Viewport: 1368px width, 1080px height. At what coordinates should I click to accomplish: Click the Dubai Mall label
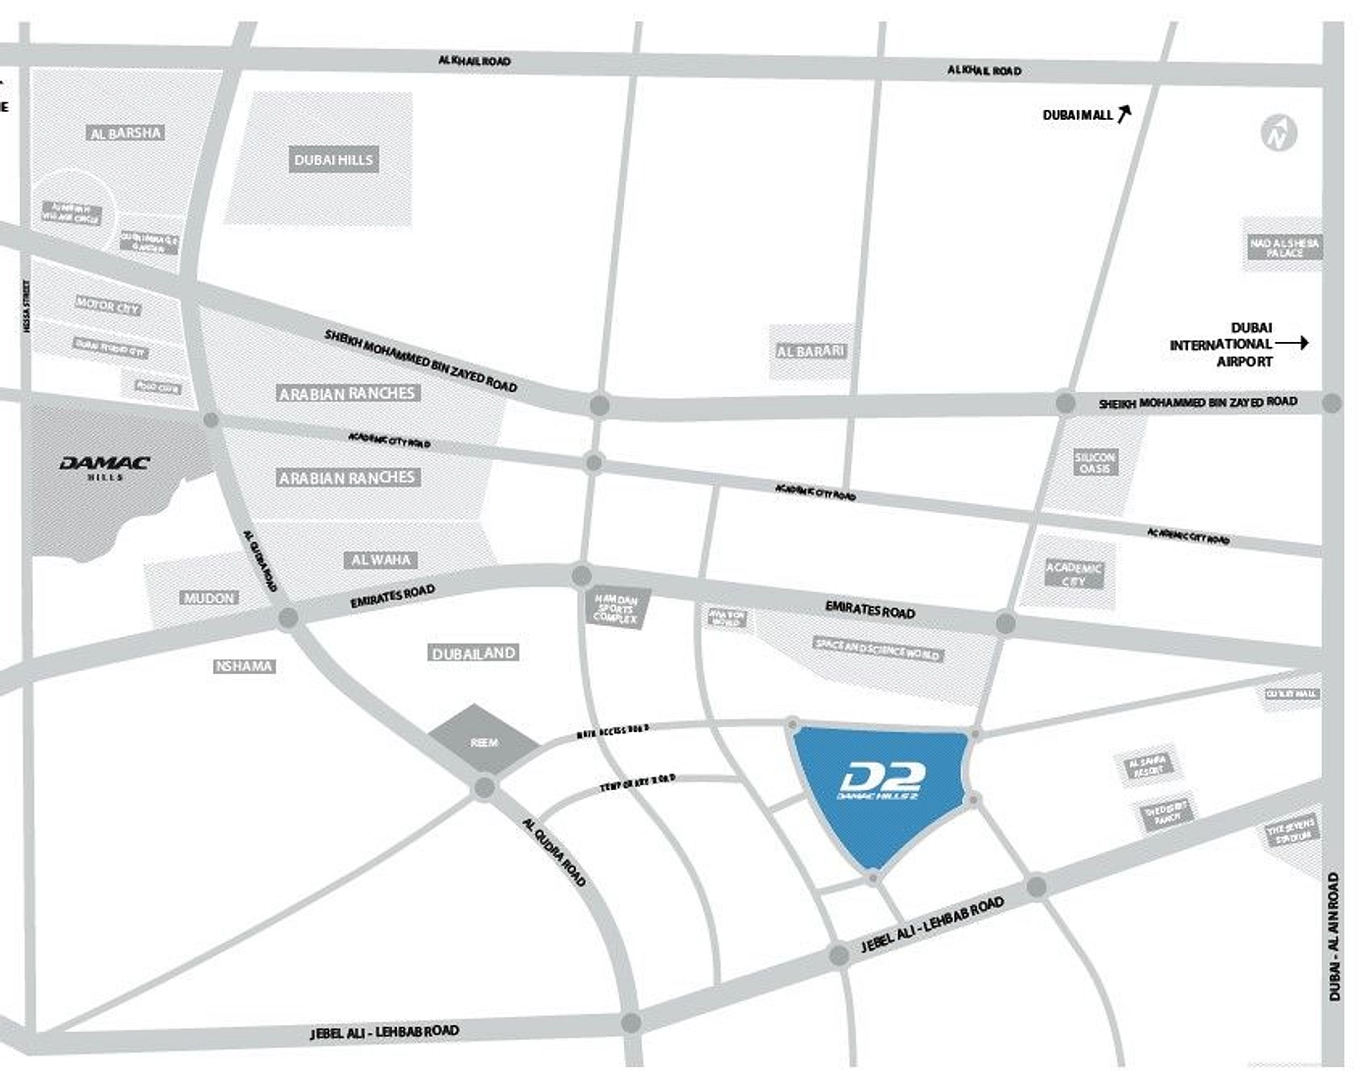[x=1077, y=115]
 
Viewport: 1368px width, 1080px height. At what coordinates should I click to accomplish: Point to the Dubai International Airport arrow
[x=1291, y=344]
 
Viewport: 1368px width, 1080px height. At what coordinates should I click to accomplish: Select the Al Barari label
[x=810, y=351]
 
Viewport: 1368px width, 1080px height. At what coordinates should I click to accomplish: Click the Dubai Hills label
[x=334, y=160]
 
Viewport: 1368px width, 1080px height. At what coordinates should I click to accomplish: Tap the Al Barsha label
[x=126, y=133]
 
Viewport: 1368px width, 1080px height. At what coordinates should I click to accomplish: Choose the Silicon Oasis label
[x=1095, y=463]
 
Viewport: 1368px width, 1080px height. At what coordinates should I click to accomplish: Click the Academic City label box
[x=1073, y=574]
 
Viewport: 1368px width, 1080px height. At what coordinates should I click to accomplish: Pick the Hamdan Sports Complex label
[x=615, y=609]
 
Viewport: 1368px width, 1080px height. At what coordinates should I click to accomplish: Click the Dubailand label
[x=474, y=653]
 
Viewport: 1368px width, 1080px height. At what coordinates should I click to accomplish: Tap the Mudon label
[x=209, y=597]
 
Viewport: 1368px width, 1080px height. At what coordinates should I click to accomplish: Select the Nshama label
[x=244, y=666]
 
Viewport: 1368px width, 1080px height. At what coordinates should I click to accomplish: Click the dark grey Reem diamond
[x=484, y=741]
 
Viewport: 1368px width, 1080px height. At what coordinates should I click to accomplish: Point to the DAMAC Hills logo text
[x=105, y=465]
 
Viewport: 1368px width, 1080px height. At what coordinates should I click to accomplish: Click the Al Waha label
[x=381, y=560]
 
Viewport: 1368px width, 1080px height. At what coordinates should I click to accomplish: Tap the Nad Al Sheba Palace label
[x=1284, y=248]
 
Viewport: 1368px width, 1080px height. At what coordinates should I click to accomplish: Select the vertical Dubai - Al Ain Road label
[x=1334, y=937]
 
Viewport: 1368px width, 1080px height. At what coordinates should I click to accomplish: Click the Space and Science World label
[x=878, y=650]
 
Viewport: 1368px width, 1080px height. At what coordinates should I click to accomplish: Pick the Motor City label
[x=108, y=307]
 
